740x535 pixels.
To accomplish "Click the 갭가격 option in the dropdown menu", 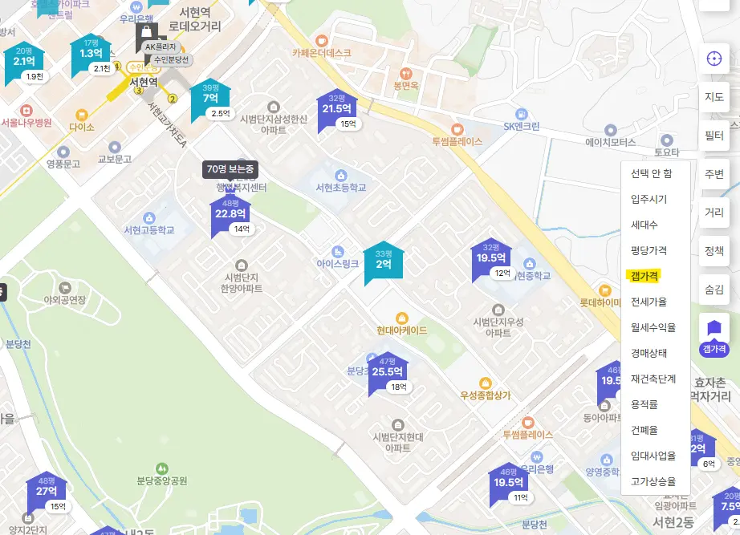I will click(644, 276).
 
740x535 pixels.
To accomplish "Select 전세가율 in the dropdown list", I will click(649, 302).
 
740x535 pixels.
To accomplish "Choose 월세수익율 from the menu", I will click(653, 327).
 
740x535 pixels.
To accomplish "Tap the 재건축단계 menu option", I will click(653, 379).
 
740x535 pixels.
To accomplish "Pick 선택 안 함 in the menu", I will click(651, 173).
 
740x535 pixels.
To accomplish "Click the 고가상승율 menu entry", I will click(653, 481).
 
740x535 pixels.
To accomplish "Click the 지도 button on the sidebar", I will click(714, 97).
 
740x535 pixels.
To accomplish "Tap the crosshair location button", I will click(714, 59).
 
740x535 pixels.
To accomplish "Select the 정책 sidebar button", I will click(714, 251).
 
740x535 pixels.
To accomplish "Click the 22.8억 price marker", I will click(230, 214).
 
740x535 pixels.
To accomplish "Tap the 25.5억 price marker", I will click(387, 372).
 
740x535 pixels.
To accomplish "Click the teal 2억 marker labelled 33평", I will click(384, 264).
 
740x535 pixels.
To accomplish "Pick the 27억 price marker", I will click(47, 492).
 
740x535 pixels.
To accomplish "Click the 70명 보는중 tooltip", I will click(230, 169).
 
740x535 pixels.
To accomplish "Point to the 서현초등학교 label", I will click(340, 187).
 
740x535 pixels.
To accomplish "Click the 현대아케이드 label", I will click(401, 330).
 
